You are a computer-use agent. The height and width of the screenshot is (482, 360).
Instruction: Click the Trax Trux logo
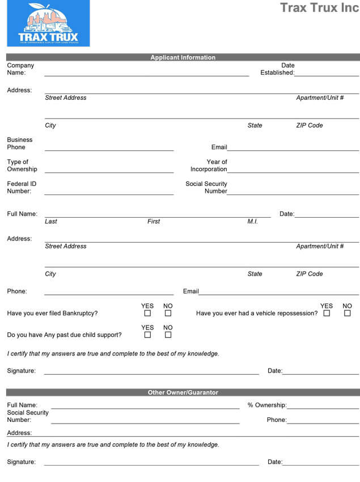48,23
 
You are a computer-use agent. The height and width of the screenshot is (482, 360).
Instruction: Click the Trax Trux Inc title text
319,8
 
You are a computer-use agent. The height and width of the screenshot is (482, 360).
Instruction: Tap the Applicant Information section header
183,57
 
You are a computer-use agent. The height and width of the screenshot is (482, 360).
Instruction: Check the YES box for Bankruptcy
147,313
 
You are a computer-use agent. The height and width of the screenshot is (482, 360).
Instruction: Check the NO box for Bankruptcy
168,313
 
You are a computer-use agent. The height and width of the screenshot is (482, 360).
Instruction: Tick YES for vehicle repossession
327,313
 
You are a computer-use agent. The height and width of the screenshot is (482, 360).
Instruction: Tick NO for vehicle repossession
347,313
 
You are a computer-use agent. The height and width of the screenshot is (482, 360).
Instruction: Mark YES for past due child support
147,335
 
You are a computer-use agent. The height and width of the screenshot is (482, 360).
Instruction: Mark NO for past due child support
168,335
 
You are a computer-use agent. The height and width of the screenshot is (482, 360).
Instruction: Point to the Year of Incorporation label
209,166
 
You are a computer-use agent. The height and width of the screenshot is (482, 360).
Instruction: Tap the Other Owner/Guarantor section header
183,392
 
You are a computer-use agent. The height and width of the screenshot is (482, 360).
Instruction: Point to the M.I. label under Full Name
252,221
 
